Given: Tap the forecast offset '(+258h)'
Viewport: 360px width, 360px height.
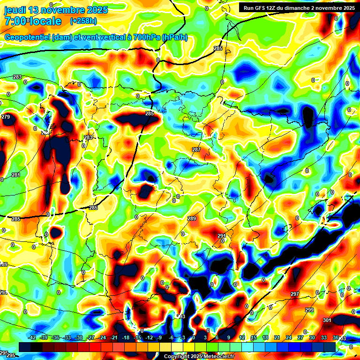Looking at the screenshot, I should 83,21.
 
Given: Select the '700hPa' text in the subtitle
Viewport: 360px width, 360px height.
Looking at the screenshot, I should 143,37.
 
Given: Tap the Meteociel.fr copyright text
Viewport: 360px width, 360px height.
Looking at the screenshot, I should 199,356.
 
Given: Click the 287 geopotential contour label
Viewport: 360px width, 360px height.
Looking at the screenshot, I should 196,150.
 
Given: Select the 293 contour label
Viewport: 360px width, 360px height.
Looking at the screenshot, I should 181,316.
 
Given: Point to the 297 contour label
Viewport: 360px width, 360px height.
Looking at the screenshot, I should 295,294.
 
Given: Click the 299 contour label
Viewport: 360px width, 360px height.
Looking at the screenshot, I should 309,310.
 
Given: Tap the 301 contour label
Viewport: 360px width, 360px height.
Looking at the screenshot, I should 327,320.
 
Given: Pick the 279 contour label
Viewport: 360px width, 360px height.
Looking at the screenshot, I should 6,117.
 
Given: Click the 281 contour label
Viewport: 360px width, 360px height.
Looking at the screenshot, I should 16,175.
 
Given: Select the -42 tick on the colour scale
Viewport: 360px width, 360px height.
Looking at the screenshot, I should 33,337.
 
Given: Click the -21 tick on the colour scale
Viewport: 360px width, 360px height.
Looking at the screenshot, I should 114,337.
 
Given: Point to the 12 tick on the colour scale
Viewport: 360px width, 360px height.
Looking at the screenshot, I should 242,337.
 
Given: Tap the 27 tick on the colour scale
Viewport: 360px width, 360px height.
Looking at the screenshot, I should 300,337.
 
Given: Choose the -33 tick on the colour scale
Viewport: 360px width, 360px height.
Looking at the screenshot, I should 67,337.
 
